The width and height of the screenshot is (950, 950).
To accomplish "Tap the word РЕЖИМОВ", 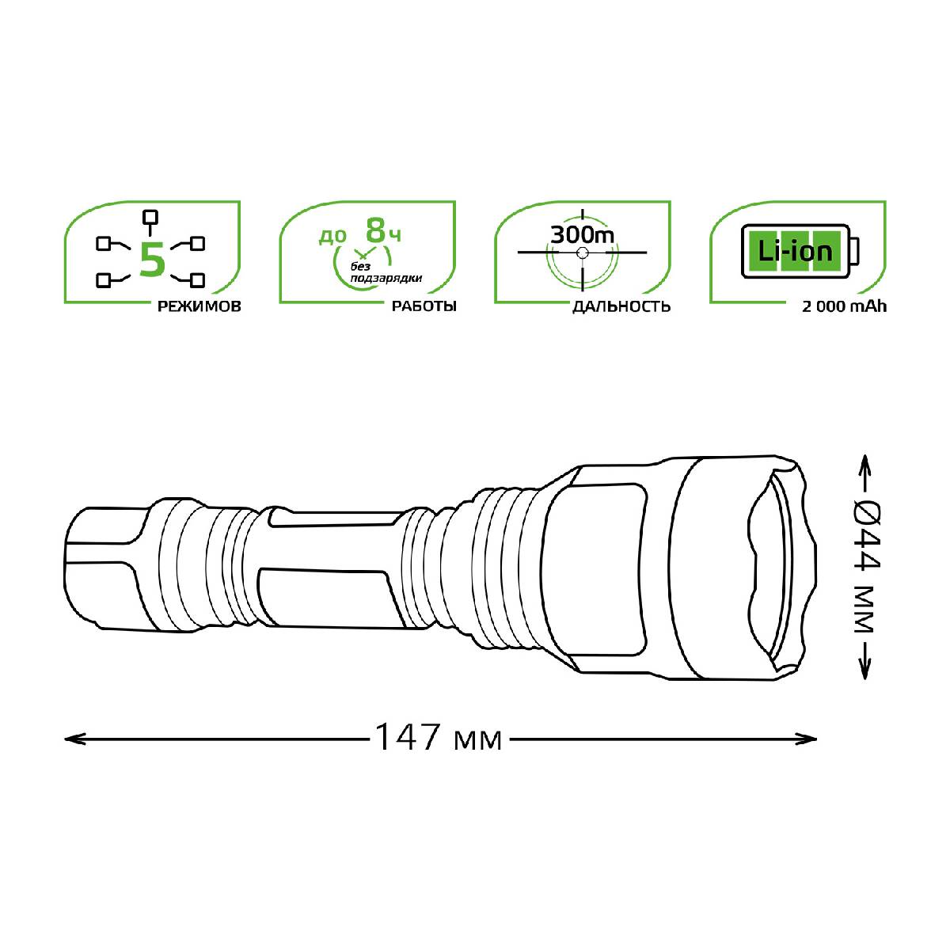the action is [199, 306].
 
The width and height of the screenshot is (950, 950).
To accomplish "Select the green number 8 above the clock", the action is [376, 230].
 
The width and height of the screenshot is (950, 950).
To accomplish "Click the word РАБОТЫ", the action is [424, 306].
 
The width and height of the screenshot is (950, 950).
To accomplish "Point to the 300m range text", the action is [582, 234].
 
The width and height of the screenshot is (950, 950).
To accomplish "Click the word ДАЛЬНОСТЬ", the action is [621, 306].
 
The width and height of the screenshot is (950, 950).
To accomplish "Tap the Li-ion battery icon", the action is [800, 252].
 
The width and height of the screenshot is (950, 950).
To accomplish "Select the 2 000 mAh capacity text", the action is [844, 306].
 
